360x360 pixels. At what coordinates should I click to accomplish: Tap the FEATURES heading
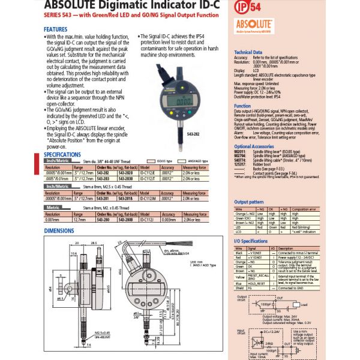click(x=56, y=29)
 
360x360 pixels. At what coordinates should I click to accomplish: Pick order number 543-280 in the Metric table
click(x=87, y=220)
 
